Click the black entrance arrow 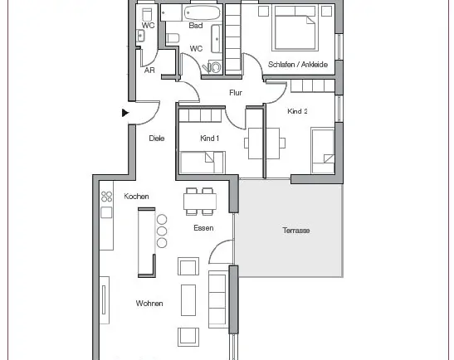click(x=125, y=113)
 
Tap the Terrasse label click(x=296, y=231)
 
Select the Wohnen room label click(x=149, y=304)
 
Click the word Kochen click(x=136, y=197)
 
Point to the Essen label click(x=203, y=228)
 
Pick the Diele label click(x=157, y=139)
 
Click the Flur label click(x=236, y=93)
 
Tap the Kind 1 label click(x=210, y=139)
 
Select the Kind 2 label click(x=297, y=111)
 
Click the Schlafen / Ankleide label click(x=298, y=64)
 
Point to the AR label click(x=149, y=70)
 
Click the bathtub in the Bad click(x=203, y=12)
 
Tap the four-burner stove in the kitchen click(x=106, y=197)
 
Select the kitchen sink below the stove click(x=106, y=212)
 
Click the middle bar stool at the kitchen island click(x=162, y=231)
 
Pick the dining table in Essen click(x=200, y=202)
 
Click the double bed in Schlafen click(x=295, y=27)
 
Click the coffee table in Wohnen click(x=188, y=300)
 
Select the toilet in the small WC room click(x=147, y=14)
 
